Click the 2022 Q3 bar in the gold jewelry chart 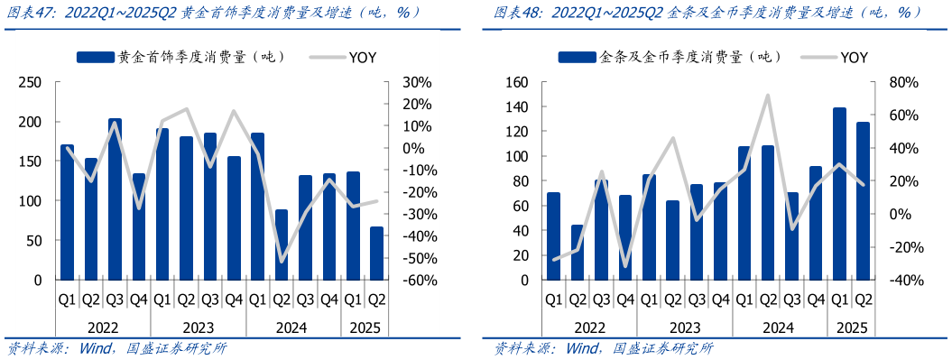pos(115,199)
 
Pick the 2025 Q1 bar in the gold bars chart pos(839,194)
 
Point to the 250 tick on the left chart pos(32,82)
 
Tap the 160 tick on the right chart pos(517,82)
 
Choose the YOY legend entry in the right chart pos(854,57)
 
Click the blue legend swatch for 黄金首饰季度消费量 pos(97,57)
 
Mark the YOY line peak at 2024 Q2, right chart pos(768,95)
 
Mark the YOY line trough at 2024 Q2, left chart pos(281,262)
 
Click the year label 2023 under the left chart pos(198,328)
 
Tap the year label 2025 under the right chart pos(851,328)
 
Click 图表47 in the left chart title pos(26,12)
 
